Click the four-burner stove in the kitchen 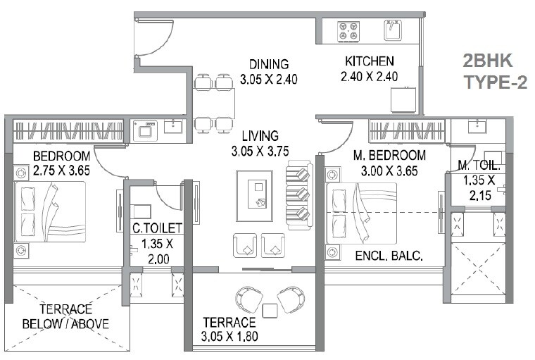pyautogui.click(x=347, y=31)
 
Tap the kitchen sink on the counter pyautogui.click(x=391, y=31)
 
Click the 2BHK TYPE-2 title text pyautogui.click(x=495, y=71)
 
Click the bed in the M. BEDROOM pyautogui.click(x=360, y=212)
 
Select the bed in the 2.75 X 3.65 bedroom pyautogui.click(x=49, y=211)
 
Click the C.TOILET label pyautogui.click(x=158, y=228)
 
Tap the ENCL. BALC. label pyautogui.click(x=390, y=256)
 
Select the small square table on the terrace pyautogui.click(x=268, y=311)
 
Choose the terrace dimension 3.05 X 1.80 pyautogui.click(x=229, y=336)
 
